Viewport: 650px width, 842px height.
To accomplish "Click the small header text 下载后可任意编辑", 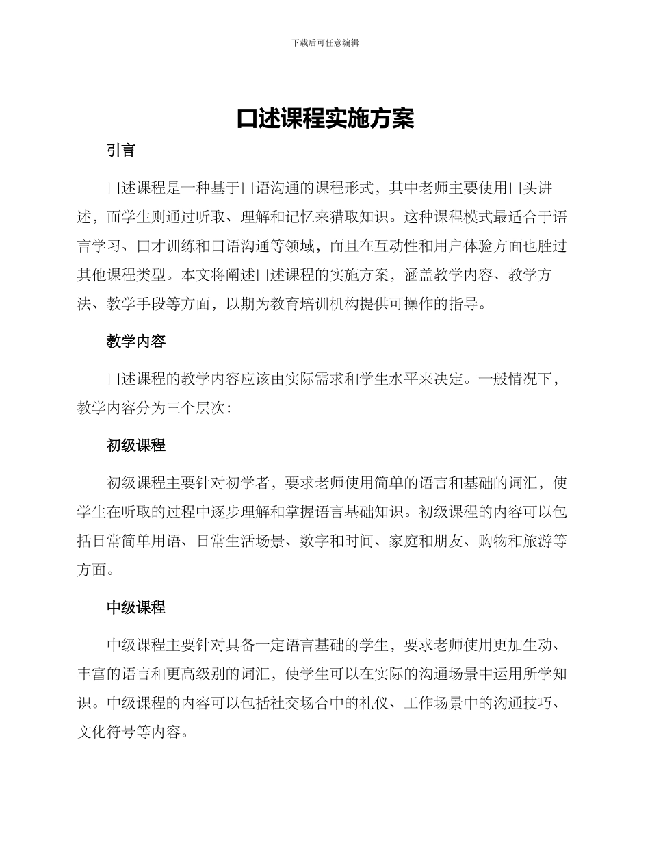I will (325, 42).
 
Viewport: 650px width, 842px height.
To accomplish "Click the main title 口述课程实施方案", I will (325, 118).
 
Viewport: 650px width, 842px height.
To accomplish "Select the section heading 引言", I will (121, 151).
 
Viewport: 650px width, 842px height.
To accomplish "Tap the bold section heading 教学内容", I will (136, 341).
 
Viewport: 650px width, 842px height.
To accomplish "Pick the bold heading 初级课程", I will (136, 446).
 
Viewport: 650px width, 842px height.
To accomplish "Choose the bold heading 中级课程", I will (136, 607).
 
